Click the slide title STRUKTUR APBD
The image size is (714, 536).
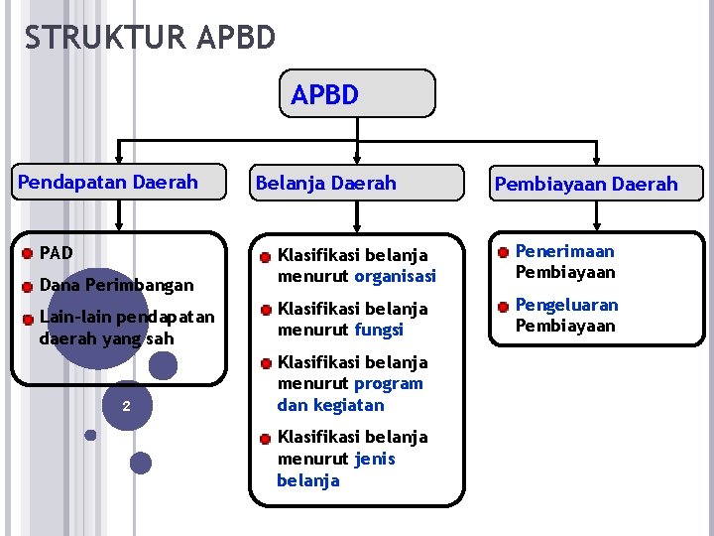pos(150,38)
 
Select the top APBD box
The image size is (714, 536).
pos(357,93)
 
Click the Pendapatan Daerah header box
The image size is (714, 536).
pos(119,183)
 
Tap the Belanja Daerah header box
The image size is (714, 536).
pos(356,183)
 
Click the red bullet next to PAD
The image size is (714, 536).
pos(28,253)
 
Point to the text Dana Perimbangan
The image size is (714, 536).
pos(116,285)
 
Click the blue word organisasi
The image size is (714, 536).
pos(395,276)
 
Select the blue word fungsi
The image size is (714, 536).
pos(379,330)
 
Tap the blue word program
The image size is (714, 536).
pos(389,383)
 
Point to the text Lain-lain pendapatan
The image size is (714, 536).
pos(126,318)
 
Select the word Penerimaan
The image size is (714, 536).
pos(564,252)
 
